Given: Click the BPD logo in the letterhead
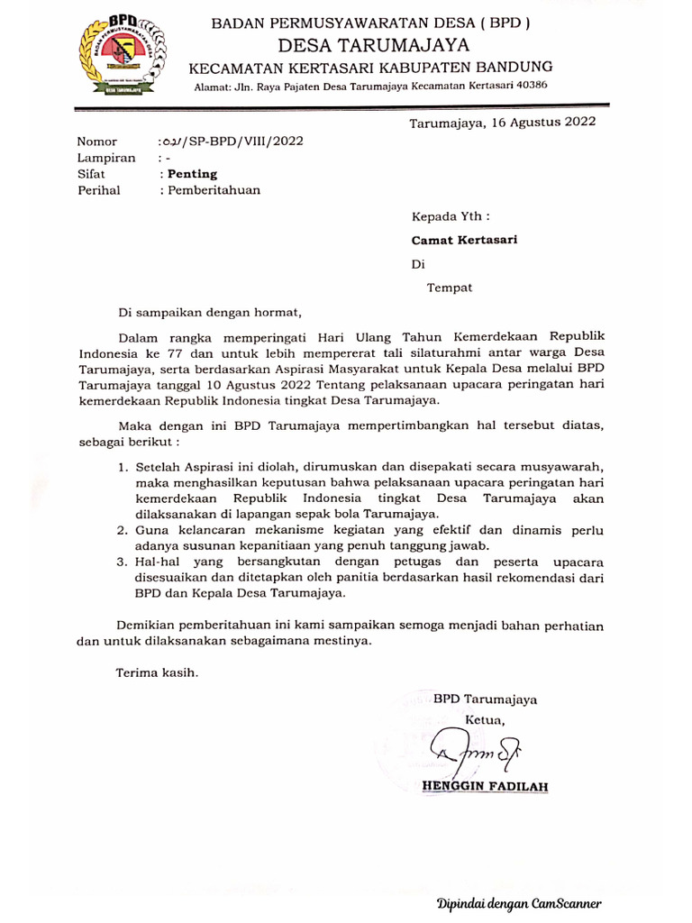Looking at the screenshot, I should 121,55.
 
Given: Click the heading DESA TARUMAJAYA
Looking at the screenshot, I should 374,46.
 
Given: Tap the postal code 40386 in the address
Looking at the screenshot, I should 527,85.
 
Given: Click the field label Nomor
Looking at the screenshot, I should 97,142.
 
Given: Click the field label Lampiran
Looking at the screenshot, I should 106,158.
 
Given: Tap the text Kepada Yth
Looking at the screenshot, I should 451,216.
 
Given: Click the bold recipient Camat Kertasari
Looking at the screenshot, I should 464,241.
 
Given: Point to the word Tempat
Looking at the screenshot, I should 450,288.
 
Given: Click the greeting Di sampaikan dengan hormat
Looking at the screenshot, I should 210,312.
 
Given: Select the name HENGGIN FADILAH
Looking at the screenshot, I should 485,786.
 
